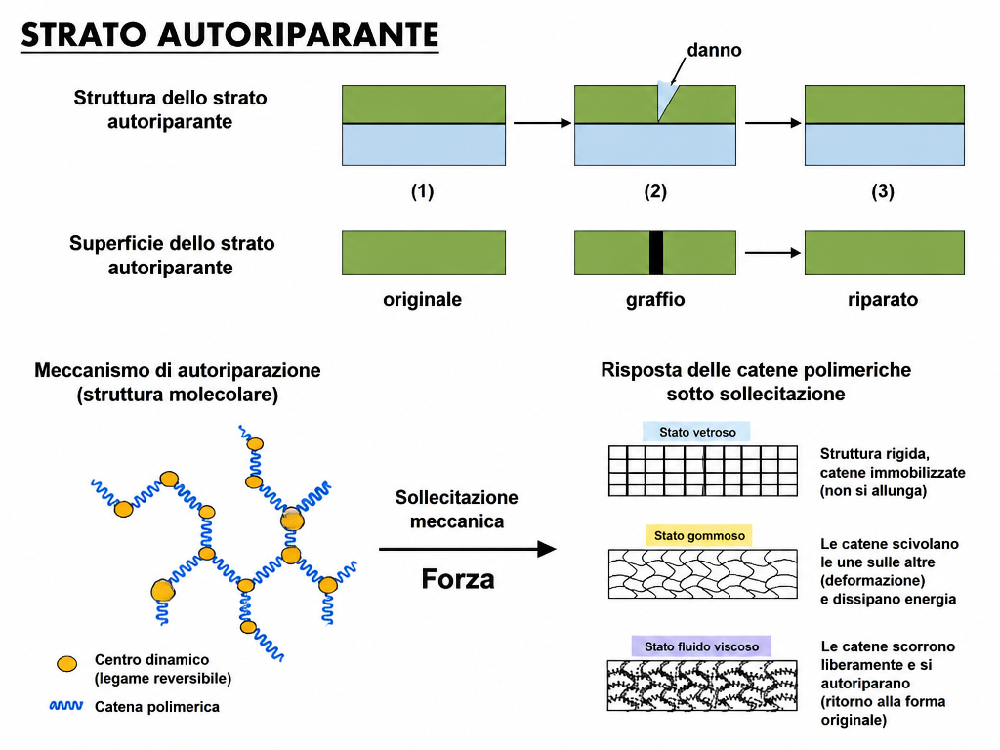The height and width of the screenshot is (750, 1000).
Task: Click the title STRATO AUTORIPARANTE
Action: click(229, 34)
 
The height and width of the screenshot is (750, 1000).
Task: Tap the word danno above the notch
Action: click(714, 50)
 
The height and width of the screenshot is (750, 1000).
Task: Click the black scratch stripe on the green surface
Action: click(656, 253)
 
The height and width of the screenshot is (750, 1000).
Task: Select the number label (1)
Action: click(422, 191)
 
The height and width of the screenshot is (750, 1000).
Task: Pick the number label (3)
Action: click(883, 191)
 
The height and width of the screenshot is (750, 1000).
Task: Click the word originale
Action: click(422, 299)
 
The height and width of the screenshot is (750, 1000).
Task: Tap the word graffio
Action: click(655, 299)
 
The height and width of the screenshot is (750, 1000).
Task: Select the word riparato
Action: click(883, 299)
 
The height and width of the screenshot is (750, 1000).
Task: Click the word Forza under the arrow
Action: click(458, 579)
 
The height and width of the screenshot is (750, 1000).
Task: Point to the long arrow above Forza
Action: click(468, 549)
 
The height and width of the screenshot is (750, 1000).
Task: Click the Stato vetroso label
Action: click(697, 432)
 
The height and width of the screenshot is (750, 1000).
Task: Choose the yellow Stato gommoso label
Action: click(699, 536)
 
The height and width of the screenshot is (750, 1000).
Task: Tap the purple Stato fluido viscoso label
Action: click(701, 646)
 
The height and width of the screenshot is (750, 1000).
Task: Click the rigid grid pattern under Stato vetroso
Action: click(703, 471)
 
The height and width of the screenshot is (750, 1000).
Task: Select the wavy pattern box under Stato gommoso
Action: click(703, 574)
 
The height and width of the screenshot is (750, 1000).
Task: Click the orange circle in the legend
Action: click(67, 664)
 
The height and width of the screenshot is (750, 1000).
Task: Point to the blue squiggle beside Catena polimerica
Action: click(66, 706)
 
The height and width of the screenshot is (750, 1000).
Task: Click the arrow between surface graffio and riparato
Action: click(773, 253)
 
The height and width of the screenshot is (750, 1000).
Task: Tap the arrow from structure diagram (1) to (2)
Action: click(542, 123)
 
